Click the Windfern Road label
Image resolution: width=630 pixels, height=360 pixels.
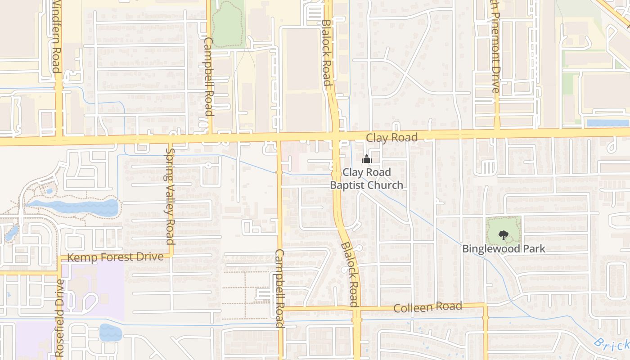point(57,36)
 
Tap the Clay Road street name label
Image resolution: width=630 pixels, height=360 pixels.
point(391,138)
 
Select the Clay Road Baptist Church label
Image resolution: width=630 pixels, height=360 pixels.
point(366,179)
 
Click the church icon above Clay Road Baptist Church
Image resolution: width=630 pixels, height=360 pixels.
point(367,159)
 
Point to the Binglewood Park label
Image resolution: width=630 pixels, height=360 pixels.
point(504,248)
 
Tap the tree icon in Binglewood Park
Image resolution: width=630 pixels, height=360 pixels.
point(504,234)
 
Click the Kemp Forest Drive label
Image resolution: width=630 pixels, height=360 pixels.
point(115,257)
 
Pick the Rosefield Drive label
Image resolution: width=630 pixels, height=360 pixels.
point(60,317)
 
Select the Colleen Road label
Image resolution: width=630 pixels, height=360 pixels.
point(427,307)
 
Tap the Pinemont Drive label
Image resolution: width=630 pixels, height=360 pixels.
point(495,47)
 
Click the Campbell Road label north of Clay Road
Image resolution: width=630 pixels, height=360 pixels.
point(208,76)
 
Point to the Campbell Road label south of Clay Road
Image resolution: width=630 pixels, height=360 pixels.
point(279,288)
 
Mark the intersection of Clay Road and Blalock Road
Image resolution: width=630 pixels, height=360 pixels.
point(335,135)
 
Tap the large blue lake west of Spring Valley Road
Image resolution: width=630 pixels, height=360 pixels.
point(74,207)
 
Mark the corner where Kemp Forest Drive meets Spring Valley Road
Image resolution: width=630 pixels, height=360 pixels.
point(171,255)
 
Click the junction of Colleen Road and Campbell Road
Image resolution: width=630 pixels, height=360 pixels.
point(280,309)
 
